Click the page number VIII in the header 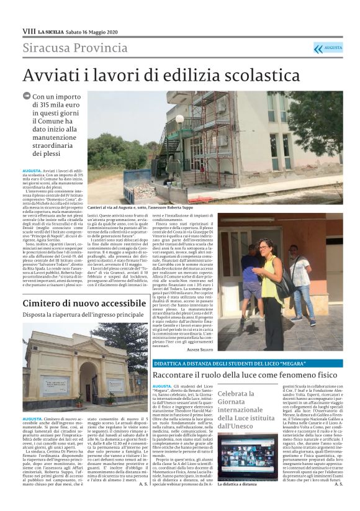point(29,30)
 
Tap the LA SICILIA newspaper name point(53,31)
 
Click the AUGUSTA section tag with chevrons point(328,48)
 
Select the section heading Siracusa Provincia point(66,48)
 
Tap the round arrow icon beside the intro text point(26,96)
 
